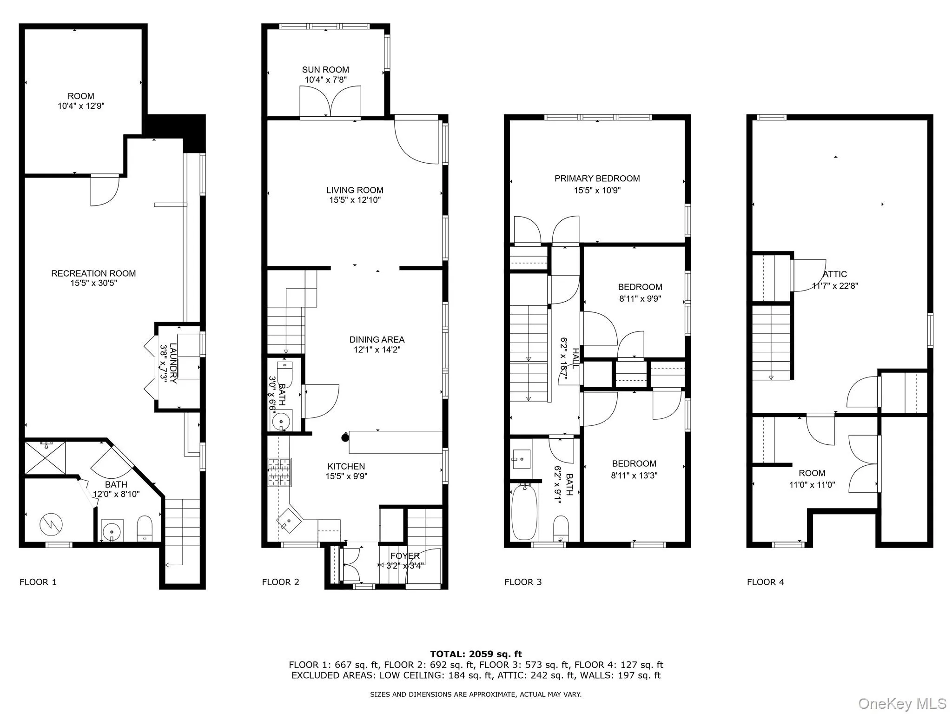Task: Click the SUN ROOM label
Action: point(325,70)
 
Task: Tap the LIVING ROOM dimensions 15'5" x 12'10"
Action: point(355,200)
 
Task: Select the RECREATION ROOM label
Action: point(93,273)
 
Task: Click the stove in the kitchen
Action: point(279,472)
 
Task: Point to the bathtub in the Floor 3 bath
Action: point(524,511)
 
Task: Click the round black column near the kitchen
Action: point(345,437)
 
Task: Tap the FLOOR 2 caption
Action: point(280,582)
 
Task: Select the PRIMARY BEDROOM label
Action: point(597,178)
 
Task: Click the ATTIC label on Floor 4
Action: point(835,274)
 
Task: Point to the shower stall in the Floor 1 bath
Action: point(45,457)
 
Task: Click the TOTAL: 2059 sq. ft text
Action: point(476,654)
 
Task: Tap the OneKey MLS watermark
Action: point(902,704)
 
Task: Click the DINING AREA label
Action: point(377,339)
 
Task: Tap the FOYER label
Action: point(405,556)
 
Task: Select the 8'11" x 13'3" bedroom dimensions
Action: point(634,476)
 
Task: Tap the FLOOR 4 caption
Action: point(765,582)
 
